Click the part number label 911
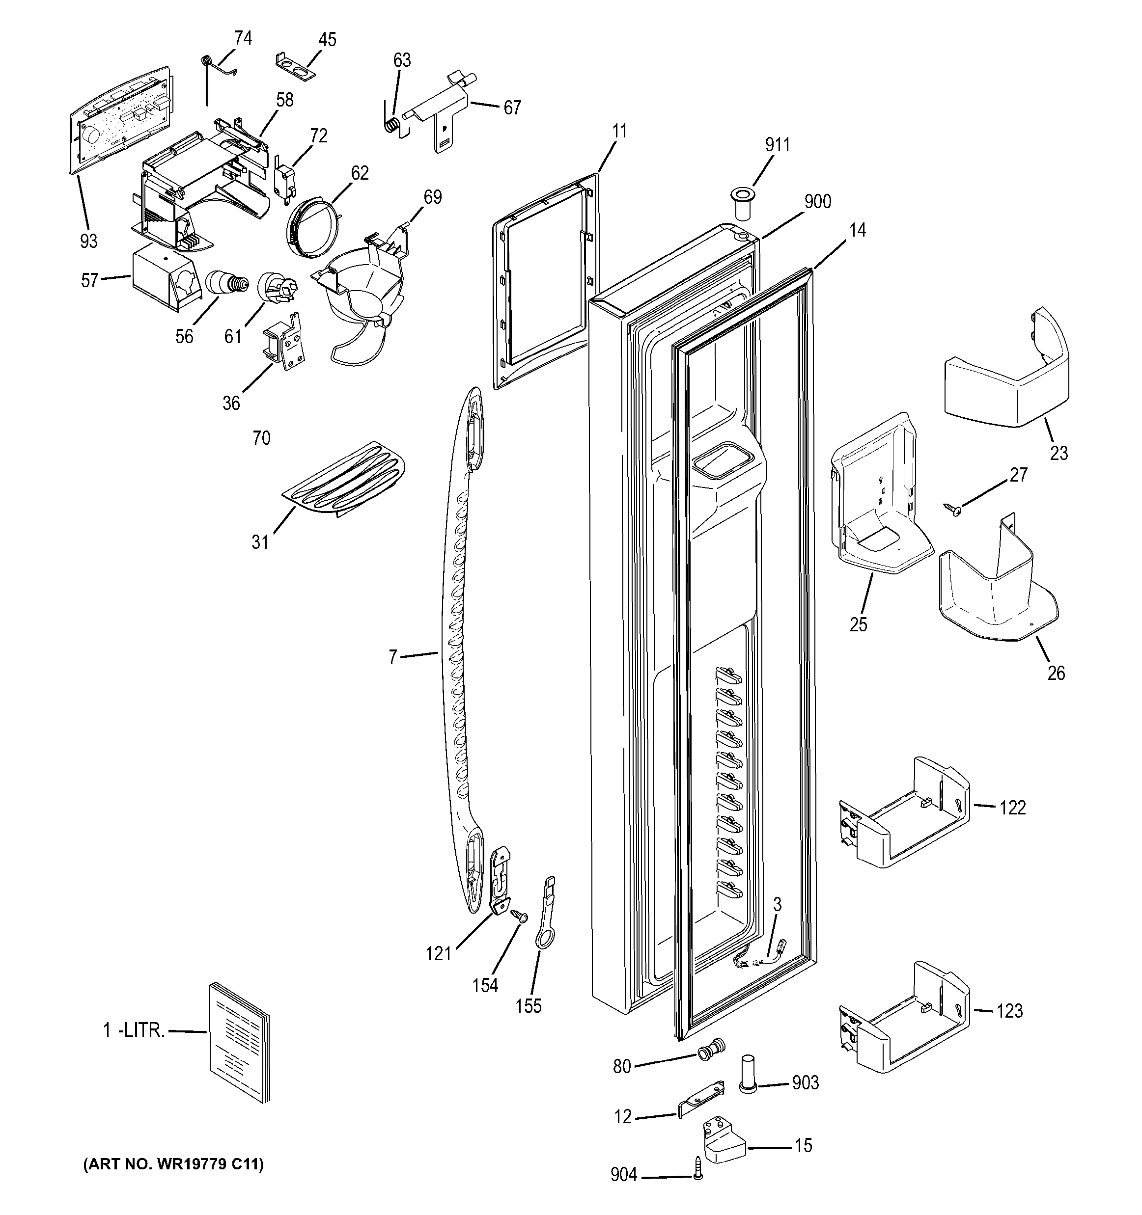click(x=777, y=145)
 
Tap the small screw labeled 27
click(x=952, y=508)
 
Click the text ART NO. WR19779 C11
click(x=173, y=1165)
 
